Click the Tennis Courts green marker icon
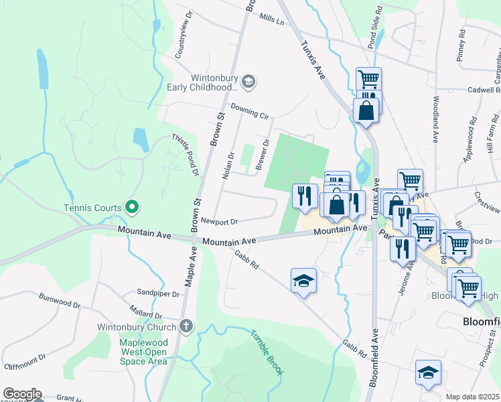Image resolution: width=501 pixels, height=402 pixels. [x=132, y=208]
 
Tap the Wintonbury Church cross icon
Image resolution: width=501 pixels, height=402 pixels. [x=186, y=327]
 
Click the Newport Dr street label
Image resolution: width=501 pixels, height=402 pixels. [x=219, y=220]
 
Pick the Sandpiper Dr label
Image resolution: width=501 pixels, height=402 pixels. [x=158, y=293]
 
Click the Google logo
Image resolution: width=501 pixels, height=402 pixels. [x=21, y=394]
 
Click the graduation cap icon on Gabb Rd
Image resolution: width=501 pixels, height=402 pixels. [x=303, y=279]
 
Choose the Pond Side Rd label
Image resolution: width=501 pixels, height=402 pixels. [x=379, y=21]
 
